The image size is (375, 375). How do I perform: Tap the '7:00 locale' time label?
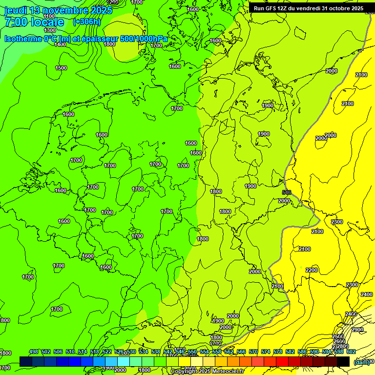[34, 22]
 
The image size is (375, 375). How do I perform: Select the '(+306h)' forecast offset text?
[86, 22]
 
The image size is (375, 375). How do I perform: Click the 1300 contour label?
[50, 30]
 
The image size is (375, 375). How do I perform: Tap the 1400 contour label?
[60, 44]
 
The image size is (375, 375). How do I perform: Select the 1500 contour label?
[61, 68]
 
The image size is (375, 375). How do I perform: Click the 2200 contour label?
[312, 270]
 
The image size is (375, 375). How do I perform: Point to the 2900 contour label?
[357, 330]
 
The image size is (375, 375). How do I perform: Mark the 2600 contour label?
[338, 341]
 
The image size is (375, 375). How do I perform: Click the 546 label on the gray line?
[287, 192]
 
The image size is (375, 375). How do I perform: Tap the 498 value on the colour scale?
[34, 352]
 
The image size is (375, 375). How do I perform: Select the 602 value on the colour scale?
[351, 352]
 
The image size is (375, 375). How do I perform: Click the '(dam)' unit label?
[361, 362]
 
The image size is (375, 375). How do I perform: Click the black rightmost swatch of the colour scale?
[343, 361]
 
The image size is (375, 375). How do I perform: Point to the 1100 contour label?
[49, 16]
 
